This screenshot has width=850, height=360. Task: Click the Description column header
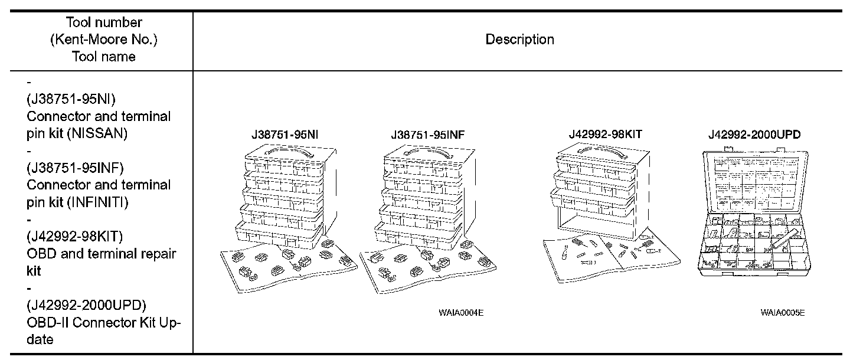(x=519, y=40)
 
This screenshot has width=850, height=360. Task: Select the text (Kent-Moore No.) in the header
(x=103, y=40)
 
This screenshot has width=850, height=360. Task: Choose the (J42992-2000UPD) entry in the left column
(x=86, y=305)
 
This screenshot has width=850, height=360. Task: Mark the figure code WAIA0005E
(x=783, y=312)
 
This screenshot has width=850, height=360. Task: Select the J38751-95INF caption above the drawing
(x=427, y=135)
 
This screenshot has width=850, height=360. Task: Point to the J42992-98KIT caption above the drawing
(x=605, y=134)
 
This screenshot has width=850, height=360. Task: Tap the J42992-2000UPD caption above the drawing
(x=754, y=134)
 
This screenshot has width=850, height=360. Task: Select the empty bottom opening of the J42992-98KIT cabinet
(x=596, y=226)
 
